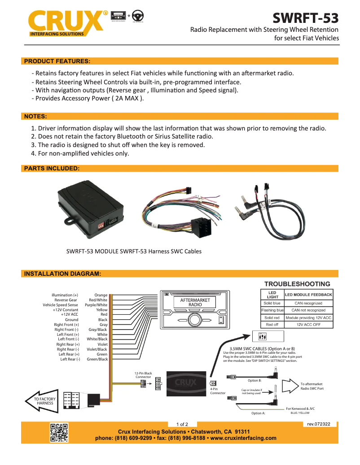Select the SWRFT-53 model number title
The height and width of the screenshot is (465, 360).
(306, 18)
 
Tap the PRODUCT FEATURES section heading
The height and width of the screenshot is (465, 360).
(57, 61)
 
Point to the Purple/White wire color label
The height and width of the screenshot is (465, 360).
(96, 305)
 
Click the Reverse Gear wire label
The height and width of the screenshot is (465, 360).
(66, 300)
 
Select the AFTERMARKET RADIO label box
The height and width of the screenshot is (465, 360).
(195, 302)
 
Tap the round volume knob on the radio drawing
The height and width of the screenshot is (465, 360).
(194, 320)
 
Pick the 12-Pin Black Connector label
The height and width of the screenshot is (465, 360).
(144, 375)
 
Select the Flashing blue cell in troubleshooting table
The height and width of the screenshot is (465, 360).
(272, 310)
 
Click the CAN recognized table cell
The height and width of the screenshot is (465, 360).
(308, 304)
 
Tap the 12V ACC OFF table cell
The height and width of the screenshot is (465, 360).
(308, 324)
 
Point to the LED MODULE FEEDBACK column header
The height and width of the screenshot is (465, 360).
(308, 295)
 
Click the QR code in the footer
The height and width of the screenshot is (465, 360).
(58, 433)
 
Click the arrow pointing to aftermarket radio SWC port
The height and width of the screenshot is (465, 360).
(293, 386)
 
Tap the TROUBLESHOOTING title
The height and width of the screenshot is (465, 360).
(297, 284)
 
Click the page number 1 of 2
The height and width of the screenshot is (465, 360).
(182, 424)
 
